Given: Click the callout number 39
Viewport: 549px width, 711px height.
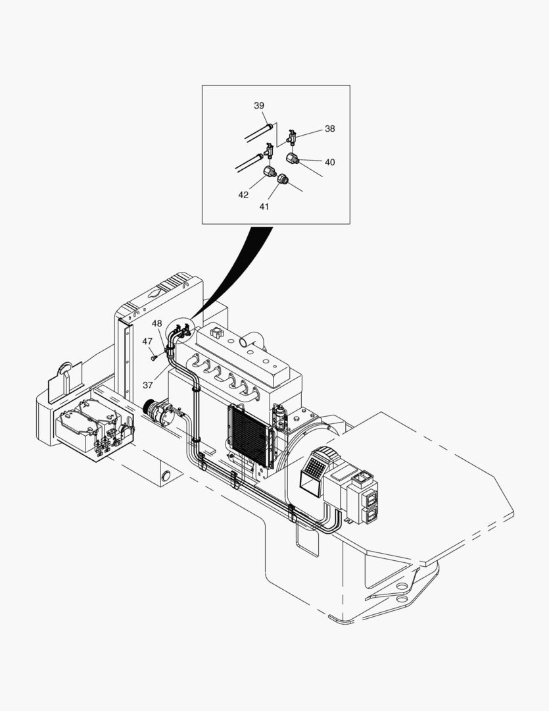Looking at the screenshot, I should tap(259, 106).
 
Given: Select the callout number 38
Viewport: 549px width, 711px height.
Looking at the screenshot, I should tap(329, 129).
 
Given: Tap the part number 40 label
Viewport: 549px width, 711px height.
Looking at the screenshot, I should tap(329, 162).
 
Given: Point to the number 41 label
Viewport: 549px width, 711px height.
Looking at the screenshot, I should tap(264, 206).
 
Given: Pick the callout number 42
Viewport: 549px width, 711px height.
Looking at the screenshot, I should tap(243, 195).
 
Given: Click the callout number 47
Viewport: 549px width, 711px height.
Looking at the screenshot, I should tap(147, 342).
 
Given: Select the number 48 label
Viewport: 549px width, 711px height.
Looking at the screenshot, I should tap(156, 323).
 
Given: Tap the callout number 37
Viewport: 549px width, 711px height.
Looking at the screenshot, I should tap(148, 385).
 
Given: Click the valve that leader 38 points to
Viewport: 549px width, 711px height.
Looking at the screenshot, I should tap(293, 136).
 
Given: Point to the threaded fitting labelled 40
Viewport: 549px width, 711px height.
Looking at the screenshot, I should tap(293, 158).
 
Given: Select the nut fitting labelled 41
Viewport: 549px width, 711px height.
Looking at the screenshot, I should tap(282, 178).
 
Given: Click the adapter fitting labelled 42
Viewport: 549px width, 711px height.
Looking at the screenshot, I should tap(270, 172).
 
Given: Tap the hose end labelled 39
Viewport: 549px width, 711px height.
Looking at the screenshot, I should tap(270, 124).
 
